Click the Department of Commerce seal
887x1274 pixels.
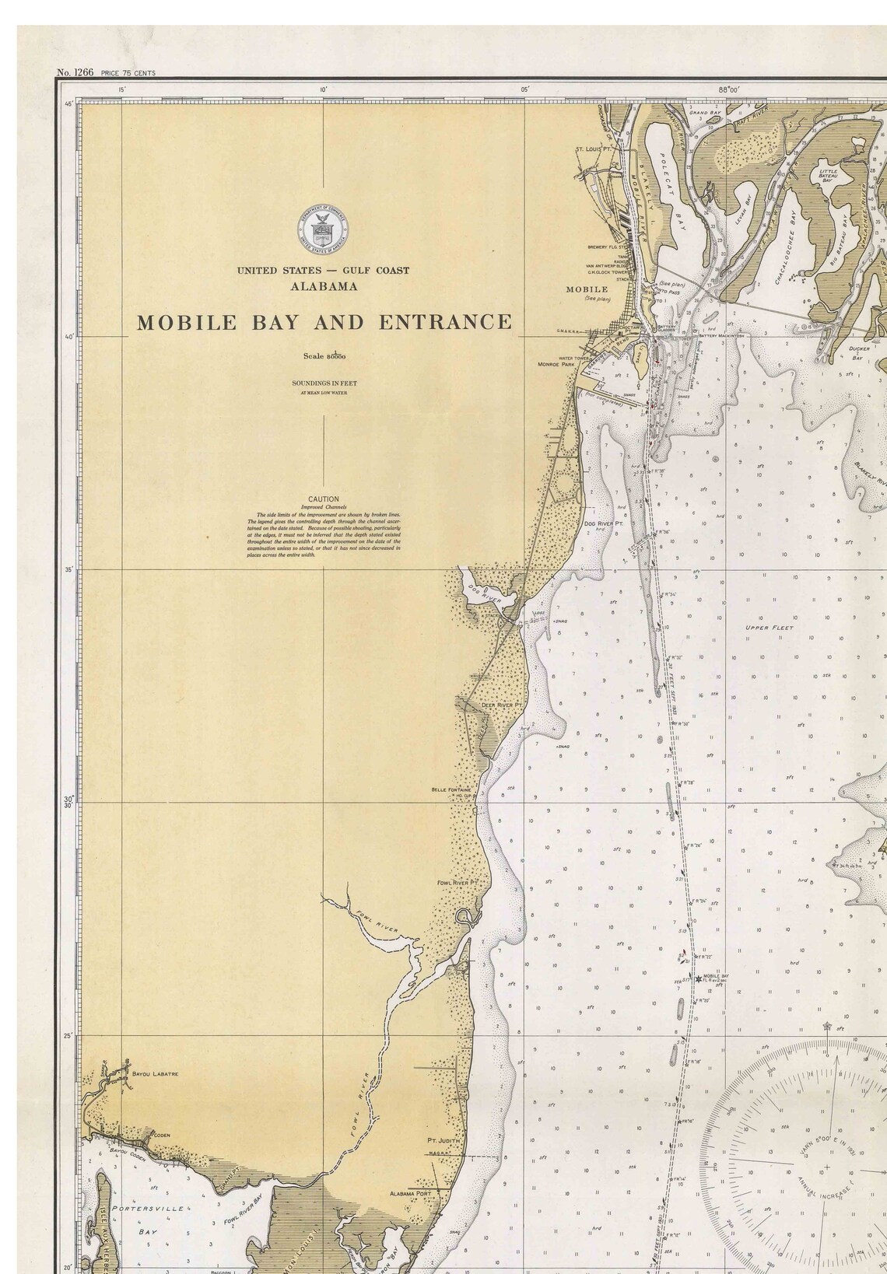[x=322, y=230]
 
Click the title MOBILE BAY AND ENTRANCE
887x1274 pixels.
[x=324, y=322]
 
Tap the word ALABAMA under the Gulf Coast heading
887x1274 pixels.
[x=324, y=286]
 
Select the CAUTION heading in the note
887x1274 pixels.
[x=323, y=499]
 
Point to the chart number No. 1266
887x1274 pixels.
[x=75, y=72]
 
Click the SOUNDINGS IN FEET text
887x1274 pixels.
[x=324, y=383]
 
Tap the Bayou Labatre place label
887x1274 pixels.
[x=155, y=1074]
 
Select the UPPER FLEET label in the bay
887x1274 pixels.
[x=768, y=628]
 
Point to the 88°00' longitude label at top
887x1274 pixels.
[x=729, y=90]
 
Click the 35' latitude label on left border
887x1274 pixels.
[x=69, y=570]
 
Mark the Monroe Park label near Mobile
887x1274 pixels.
[x=556, y=364]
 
